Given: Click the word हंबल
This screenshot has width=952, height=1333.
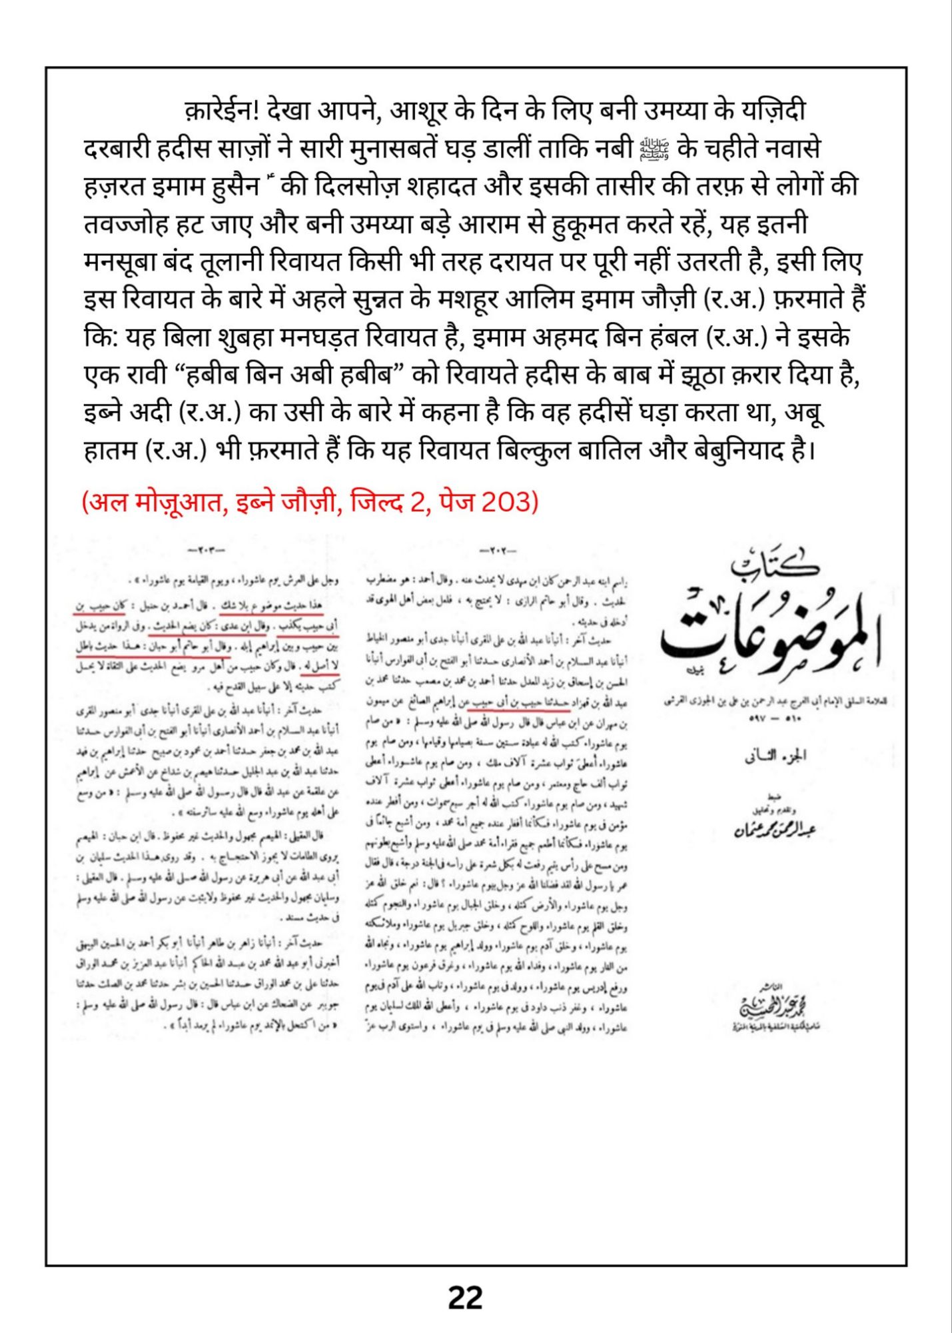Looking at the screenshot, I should point(669,338).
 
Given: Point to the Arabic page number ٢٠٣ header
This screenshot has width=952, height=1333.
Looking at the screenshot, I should point(207,551).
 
